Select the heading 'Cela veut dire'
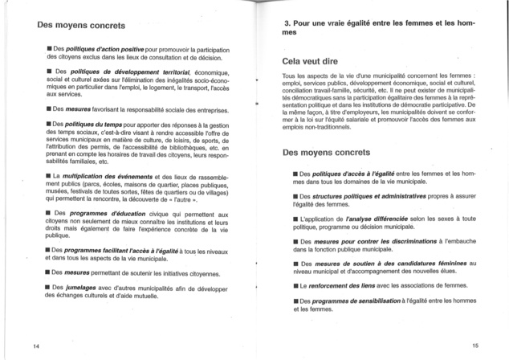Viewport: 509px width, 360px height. tap(314, 60)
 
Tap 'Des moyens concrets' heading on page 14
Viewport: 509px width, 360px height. tap(78, 24)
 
